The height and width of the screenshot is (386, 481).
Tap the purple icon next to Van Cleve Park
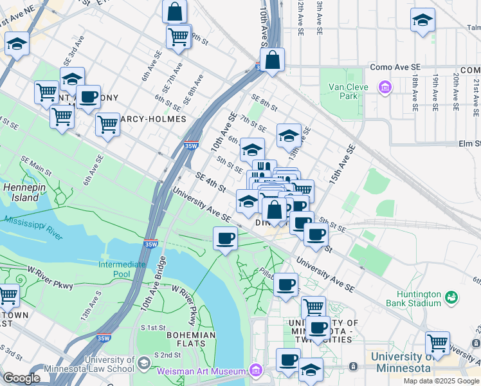pyautogui.click(x=385, y=86)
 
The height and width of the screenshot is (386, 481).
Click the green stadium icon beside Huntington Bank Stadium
pyautogui.click(x=452, y=297)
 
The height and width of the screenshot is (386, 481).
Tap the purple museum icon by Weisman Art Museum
pyautogui.click(x=256, y=371)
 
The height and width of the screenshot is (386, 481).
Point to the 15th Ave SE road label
pyautogui.click(x=342, y=165)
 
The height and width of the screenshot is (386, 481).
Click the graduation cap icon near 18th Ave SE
pyautogui.click(x=422, y=21)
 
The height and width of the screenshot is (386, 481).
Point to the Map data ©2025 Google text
pyautogui.click(x=441, y=381)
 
